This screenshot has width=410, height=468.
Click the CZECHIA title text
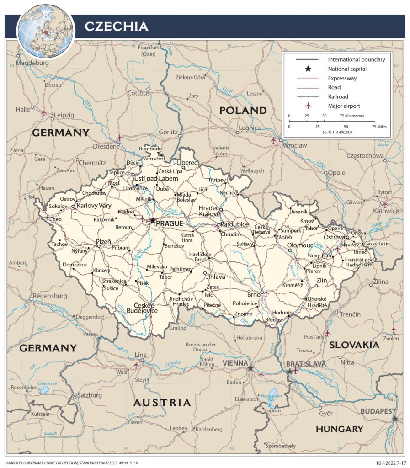[x=116, y=27]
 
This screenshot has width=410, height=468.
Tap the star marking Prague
[x=152, y=221]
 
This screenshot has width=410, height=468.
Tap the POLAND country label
[x=242, y=110]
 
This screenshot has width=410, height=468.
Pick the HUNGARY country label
[x=339, y=429]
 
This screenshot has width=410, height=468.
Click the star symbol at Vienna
[x=250, y=368]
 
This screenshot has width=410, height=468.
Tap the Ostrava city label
[x=335, y=238]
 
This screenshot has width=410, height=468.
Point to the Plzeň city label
[x=103, y=241]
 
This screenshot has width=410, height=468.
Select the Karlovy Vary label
[x=94, y=206]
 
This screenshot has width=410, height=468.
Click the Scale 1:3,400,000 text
[x=337, y=132]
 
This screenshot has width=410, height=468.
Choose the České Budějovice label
[x=145, y=308]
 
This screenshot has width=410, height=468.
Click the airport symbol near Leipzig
[x=44, y=112]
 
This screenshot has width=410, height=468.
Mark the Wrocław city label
[x=295, y=145]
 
